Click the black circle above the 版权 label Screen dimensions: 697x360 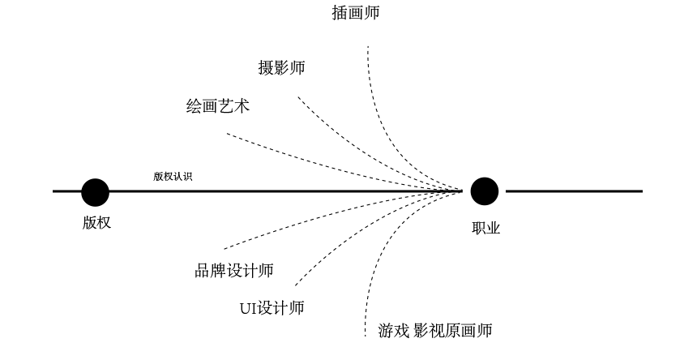pyautogui.click(x=95, y=192)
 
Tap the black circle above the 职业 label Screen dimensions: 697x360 pyautogui.click(x=485, y=191)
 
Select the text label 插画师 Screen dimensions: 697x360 pyautogui.click(x=355, y=13)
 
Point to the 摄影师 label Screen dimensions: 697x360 pyautogui.click(x=281, y=68)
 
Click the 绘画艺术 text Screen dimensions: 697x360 pyautogui.click(x=218, y=106)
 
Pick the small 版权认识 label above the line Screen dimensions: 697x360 pyautogui.click(x=173, y=176)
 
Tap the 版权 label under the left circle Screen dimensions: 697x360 pyautogui.click(x=96, y=223)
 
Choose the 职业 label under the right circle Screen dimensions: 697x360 pyautogui.click(x=486, y=228)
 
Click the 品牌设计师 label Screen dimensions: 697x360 pyautogui.click(x=234, y=271)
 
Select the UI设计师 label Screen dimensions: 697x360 pyautogui.click(x=272, y=308)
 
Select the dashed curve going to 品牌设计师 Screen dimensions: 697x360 pyautogui.click(x=292, y=227)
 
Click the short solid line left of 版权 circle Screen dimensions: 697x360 pyautogui.click(x=66, y=191)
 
